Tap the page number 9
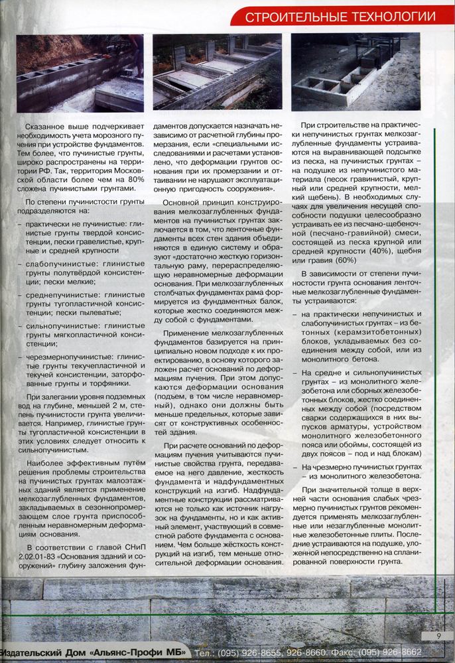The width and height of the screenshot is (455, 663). (439, 636)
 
